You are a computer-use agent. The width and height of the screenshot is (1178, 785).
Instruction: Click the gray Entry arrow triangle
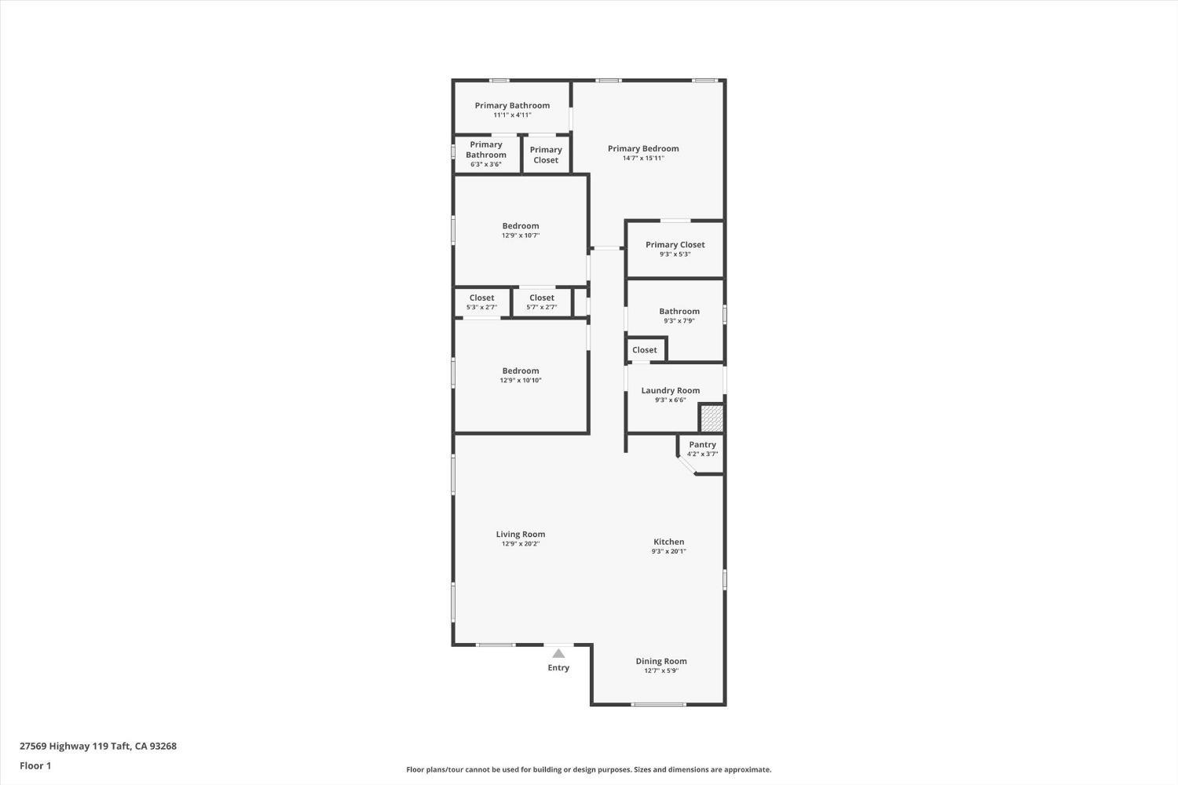coord(558,653)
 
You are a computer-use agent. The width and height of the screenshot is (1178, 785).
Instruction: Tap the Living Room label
coord(520,535)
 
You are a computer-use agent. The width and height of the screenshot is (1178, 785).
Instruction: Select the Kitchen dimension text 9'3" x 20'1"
coord(668,552)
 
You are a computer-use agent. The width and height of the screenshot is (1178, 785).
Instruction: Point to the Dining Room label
coord(661,661)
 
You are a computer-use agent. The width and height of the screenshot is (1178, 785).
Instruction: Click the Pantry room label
coord(702,444)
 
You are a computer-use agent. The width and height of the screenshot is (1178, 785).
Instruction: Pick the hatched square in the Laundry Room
coord(712,418)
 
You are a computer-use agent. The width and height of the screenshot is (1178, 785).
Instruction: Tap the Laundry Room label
coord(670,390)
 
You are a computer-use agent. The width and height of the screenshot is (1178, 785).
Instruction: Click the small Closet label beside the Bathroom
coord(644,350)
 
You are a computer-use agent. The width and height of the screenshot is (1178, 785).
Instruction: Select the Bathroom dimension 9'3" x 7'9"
coord(679,321)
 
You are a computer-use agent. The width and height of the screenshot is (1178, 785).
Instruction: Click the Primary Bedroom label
coord(643,148)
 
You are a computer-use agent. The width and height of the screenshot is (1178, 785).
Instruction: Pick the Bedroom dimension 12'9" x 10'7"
coord(521,235)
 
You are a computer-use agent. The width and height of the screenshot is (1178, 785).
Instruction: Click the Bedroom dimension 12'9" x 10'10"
coord(521,381)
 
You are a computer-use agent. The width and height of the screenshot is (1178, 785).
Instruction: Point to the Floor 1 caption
coord(35,765)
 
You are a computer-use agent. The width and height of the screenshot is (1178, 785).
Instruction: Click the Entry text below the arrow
coord(558,668)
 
